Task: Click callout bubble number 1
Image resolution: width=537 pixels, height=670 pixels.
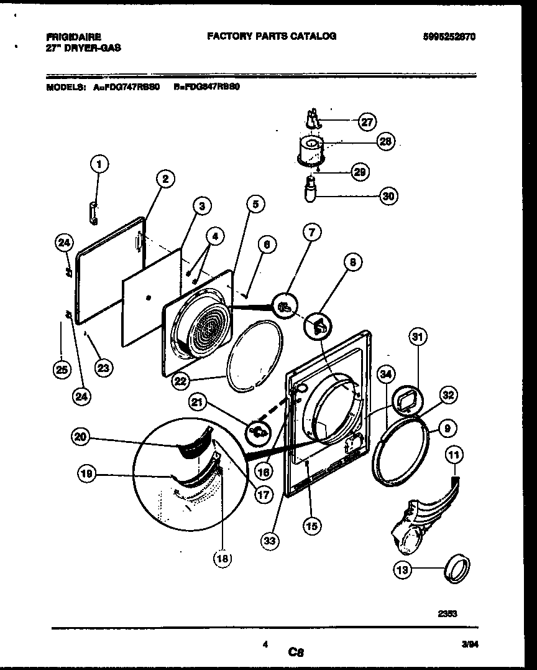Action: pos(99,164)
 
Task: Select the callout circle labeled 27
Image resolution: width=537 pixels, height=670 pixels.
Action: pos(367,122)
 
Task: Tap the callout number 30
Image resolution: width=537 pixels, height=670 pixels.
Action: pos(388,196)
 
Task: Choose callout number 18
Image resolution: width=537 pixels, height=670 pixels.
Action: pos(222,558)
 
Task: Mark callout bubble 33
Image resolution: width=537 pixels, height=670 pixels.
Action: pos(269,541)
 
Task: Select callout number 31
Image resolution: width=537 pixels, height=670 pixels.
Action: pos(418,338)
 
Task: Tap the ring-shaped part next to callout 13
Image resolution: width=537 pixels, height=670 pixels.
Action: pos(457,568)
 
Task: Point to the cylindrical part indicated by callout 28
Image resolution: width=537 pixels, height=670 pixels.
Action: pos(309,151)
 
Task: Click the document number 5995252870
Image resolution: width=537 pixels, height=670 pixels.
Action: pos(449,37)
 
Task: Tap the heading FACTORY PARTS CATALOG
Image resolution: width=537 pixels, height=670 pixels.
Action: pos(272,36)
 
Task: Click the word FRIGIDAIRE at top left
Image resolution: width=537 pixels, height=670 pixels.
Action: pos(73,37)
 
